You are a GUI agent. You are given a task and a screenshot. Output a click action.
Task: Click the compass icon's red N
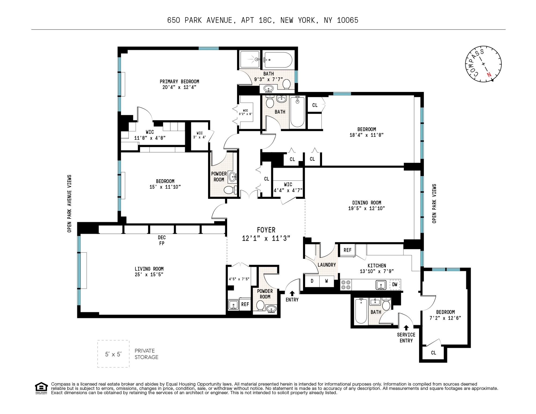click(x=489, y=75)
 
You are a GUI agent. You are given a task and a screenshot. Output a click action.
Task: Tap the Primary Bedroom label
click(x=179, y=81)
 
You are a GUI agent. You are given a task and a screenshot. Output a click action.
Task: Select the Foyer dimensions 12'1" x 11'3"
click(x=266, y=238)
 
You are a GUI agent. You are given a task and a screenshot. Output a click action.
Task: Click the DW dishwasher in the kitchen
click(x=395, y=284)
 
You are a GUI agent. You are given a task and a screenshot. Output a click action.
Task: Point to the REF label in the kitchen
click(x=347, y=250)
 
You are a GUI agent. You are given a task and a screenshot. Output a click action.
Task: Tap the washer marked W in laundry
click(x=326, y=281)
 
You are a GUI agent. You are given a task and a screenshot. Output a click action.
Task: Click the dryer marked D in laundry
click(x=312, y=281)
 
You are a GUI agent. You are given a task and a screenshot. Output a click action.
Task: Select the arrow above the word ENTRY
click(x=292, y=293)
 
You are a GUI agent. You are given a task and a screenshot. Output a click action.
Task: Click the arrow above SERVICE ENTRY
click(x=406, y=327)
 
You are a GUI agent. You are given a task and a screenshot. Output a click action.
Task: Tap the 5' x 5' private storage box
click(x=113, y=354)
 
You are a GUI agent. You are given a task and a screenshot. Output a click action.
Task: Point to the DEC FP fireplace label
click(x=162, y=240)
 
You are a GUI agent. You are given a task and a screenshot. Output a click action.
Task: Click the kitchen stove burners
click(x=346, y=285)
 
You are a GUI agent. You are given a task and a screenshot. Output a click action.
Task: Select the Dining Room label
click(x=367, y=203)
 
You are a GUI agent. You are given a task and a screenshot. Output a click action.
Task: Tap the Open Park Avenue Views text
click(x=69, y=204)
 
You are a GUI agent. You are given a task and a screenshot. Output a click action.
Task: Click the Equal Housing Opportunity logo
click(x=41, y=388)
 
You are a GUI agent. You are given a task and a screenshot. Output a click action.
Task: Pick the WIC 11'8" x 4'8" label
click(x=150, y=135)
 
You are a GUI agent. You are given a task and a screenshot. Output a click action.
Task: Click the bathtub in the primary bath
click(x=278, y=60)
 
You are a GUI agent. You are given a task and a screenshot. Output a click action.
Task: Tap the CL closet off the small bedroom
click(x=433, y=353)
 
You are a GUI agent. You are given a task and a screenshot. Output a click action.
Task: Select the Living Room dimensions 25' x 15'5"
click(x=149, y=274)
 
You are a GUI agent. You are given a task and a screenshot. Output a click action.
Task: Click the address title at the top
click(x=263, y=20)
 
